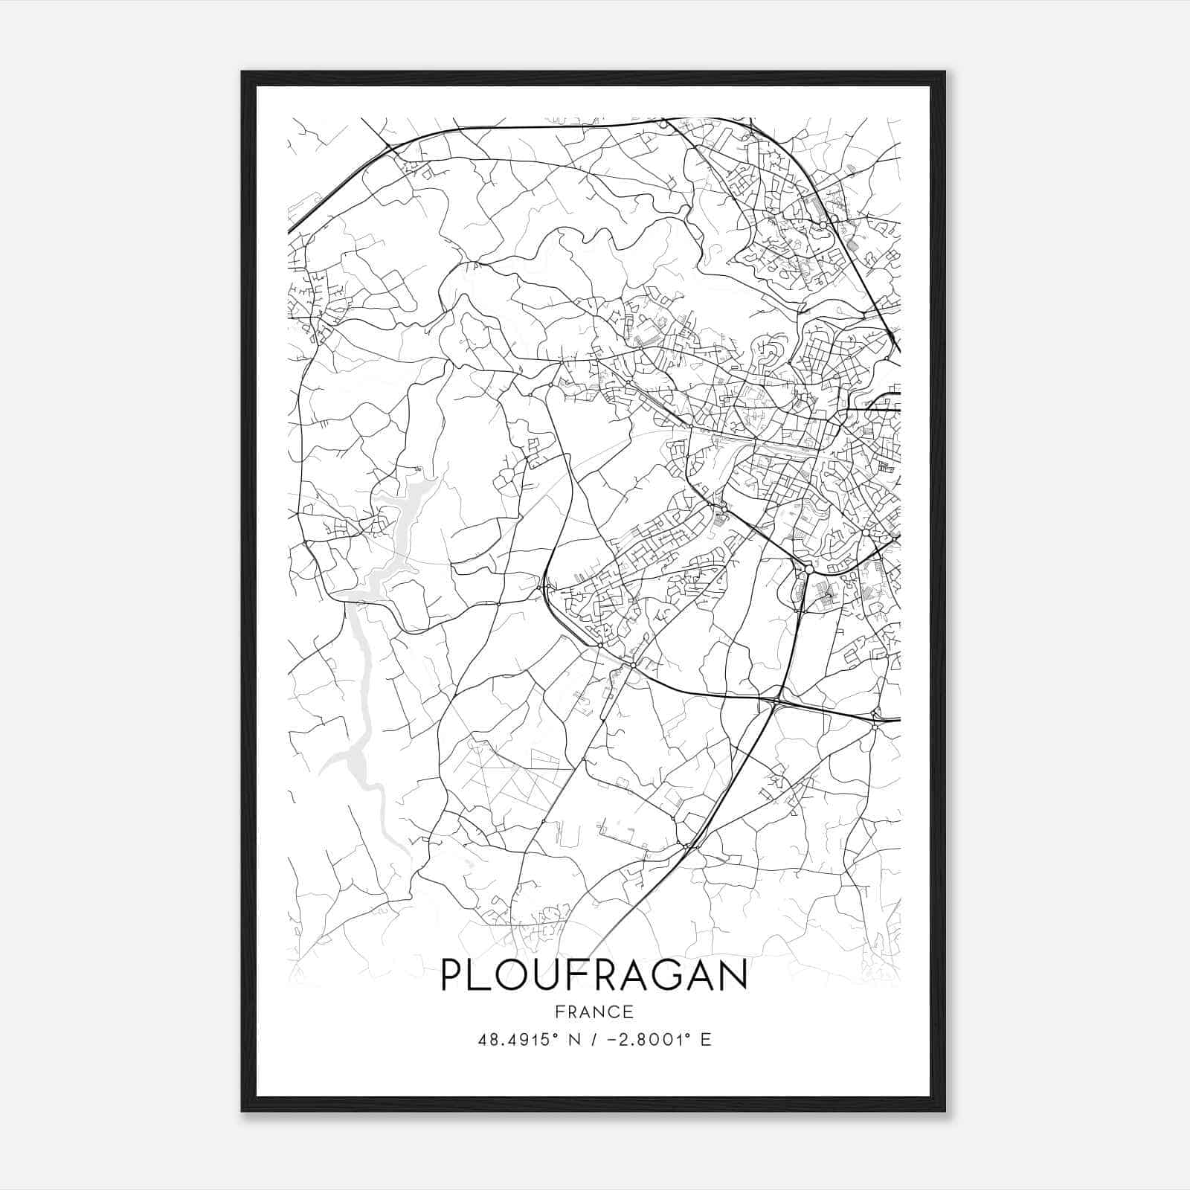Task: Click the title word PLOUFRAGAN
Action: click(x=594, y=976)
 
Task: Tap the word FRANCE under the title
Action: click(x=594, y=1011)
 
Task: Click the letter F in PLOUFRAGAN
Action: click(x=571, y=976)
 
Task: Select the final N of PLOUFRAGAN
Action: click(x=733, y=976)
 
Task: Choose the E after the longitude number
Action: click(x=706, y=1040)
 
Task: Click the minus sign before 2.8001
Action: click(x=617, y=1040)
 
